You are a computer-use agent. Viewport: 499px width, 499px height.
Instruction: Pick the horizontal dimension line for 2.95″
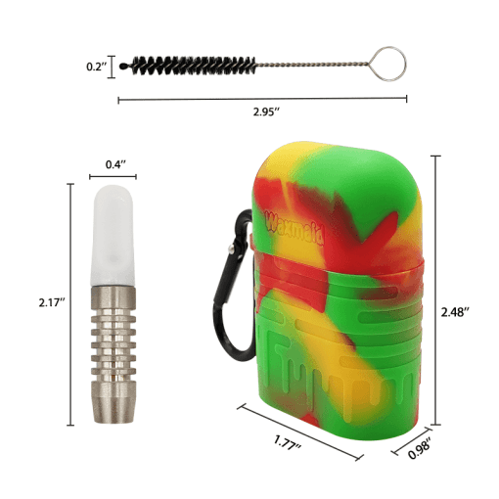[262, 99]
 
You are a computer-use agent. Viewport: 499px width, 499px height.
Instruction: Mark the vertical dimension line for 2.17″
[71, 303]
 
